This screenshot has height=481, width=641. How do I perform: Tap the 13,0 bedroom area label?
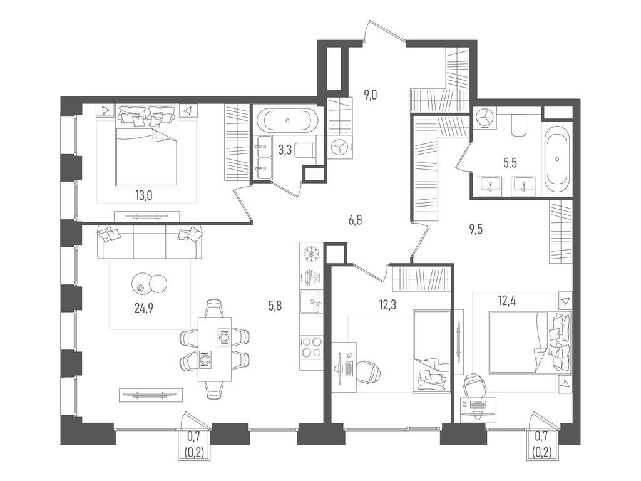click(x=144, y=195)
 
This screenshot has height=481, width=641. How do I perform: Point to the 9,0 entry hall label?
click(x=371, y=95)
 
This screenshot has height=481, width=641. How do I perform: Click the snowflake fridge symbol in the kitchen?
click(x=311, y=254)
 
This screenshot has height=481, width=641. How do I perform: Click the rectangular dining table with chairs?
click(x=214, y=348)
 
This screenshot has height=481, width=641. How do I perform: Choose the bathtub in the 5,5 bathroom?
click(x=557, y=160)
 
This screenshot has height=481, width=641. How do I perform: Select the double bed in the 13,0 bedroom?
click(x=147, y=145)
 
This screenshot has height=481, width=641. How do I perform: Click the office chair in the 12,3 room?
click(x=369, y=370)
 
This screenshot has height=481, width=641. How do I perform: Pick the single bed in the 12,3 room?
click(x=431, y=351)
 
